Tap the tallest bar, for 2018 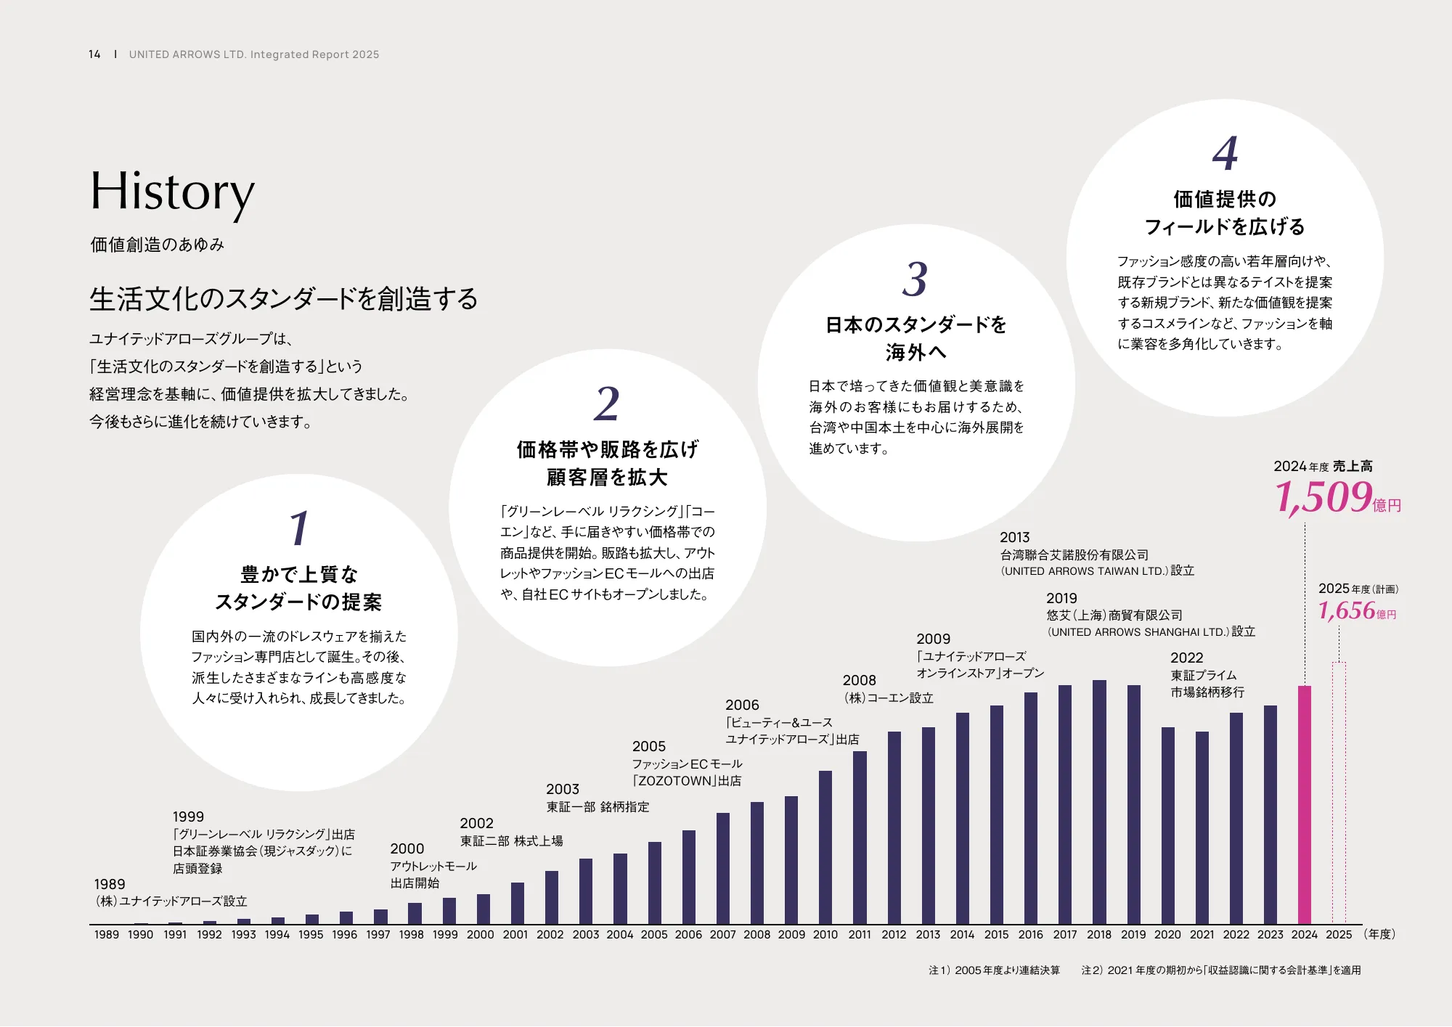[1099, 801]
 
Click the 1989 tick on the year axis [106, 935]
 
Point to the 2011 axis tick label [860, 935]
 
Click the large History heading [172, 192]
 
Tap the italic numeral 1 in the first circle [299, 528]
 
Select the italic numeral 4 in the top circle [1225, 153]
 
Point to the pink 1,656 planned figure [1347, 610]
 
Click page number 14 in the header [94, 54]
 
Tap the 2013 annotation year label [1014, 538]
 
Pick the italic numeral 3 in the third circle [915, 279]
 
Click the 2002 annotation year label [476, 824]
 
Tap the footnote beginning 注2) [1220, 970]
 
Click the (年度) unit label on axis [1379, 935]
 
